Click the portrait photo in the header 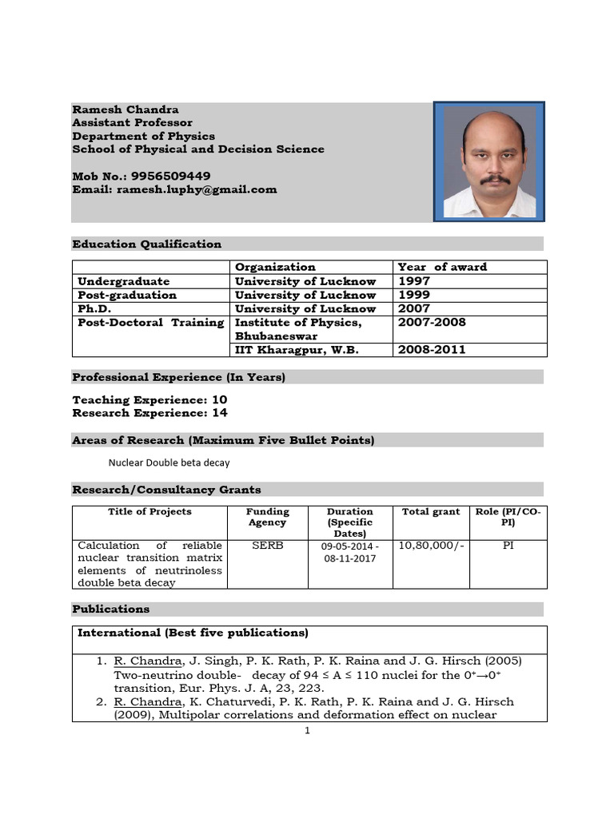(x=489, y=161)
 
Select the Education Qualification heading (x=147, y=244)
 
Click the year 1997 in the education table (x=413, y=281)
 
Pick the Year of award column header (x=442, y=267)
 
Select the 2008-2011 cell (x=432, y=349)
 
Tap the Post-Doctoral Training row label (x=150, y=322)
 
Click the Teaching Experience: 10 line (x=150, y=399)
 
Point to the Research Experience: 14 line (x=150, y=413)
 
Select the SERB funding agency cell (x=267, y=546)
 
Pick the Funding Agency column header (x=267, y=517)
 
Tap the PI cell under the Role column (x=508, y=546)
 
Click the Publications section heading (x=110, y=609)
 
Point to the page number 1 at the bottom (x=307, y=730)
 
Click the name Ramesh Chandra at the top (x=126, y=109)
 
